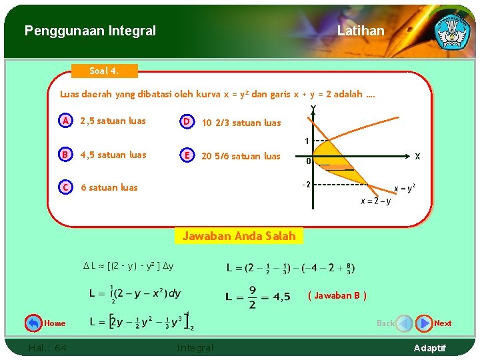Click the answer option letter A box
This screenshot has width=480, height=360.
65,121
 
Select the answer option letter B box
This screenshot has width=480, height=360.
65,155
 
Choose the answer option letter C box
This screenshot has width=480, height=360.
65,187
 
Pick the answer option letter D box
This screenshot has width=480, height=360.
188,121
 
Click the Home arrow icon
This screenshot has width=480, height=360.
33,323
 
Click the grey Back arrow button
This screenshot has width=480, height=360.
404,323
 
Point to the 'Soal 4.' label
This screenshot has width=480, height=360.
104,71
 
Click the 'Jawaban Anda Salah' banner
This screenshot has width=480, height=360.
239,236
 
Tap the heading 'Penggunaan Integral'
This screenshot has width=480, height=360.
90,31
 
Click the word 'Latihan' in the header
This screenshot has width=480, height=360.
361,31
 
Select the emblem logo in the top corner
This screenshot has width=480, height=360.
452,30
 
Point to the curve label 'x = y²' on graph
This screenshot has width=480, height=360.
405,189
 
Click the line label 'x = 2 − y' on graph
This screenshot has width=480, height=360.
376,201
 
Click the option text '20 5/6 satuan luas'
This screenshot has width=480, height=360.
241,156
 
